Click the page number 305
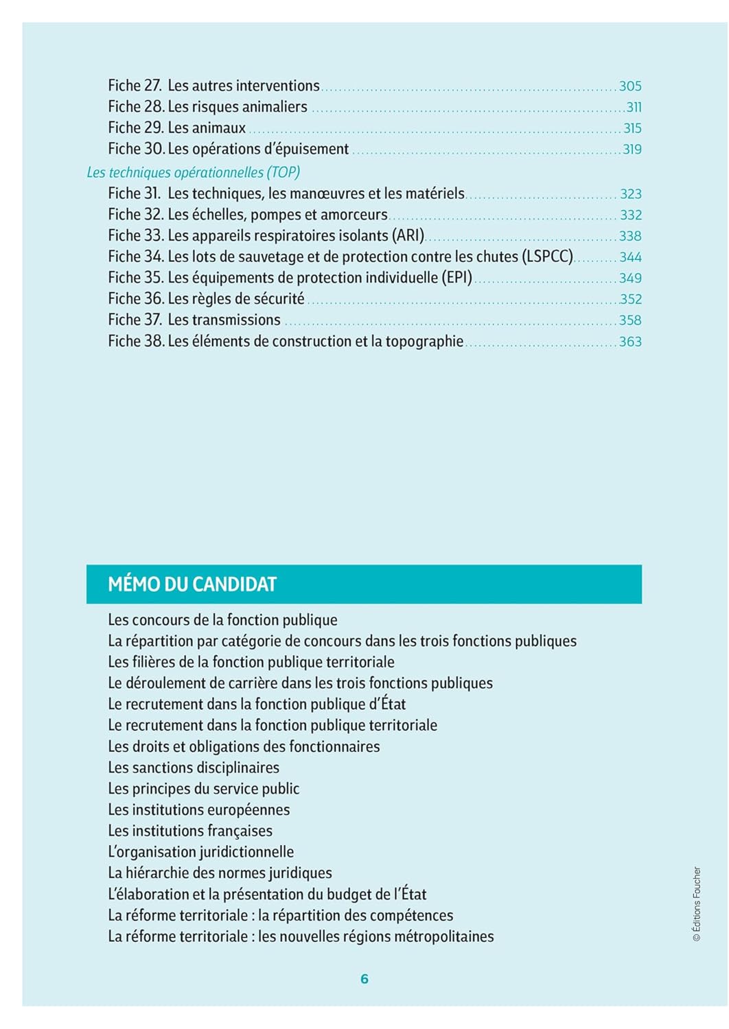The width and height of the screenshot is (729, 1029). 630,86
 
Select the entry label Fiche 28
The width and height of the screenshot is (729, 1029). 136,107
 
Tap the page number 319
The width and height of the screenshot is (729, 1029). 632,150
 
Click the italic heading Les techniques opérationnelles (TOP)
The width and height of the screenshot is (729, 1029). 194,172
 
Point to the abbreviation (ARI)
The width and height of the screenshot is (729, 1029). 408,236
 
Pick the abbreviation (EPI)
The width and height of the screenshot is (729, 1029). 457,278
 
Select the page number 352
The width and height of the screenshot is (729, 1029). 631,299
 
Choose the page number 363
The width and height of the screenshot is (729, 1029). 630,342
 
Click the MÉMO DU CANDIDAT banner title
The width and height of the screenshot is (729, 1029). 192,584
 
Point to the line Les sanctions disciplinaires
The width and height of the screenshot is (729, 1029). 194,768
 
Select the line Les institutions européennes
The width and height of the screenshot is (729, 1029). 199,810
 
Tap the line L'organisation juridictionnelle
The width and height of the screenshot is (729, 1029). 201,852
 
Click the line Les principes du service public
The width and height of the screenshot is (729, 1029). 204,789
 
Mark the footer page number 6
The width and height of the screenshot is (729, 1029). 364,979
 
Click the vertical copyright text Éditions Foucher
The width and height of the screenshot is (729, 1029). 697,903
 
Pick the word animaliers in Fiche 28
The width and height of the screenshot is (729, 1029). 275,107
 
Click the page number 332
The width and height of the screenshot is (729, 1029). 631,215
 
